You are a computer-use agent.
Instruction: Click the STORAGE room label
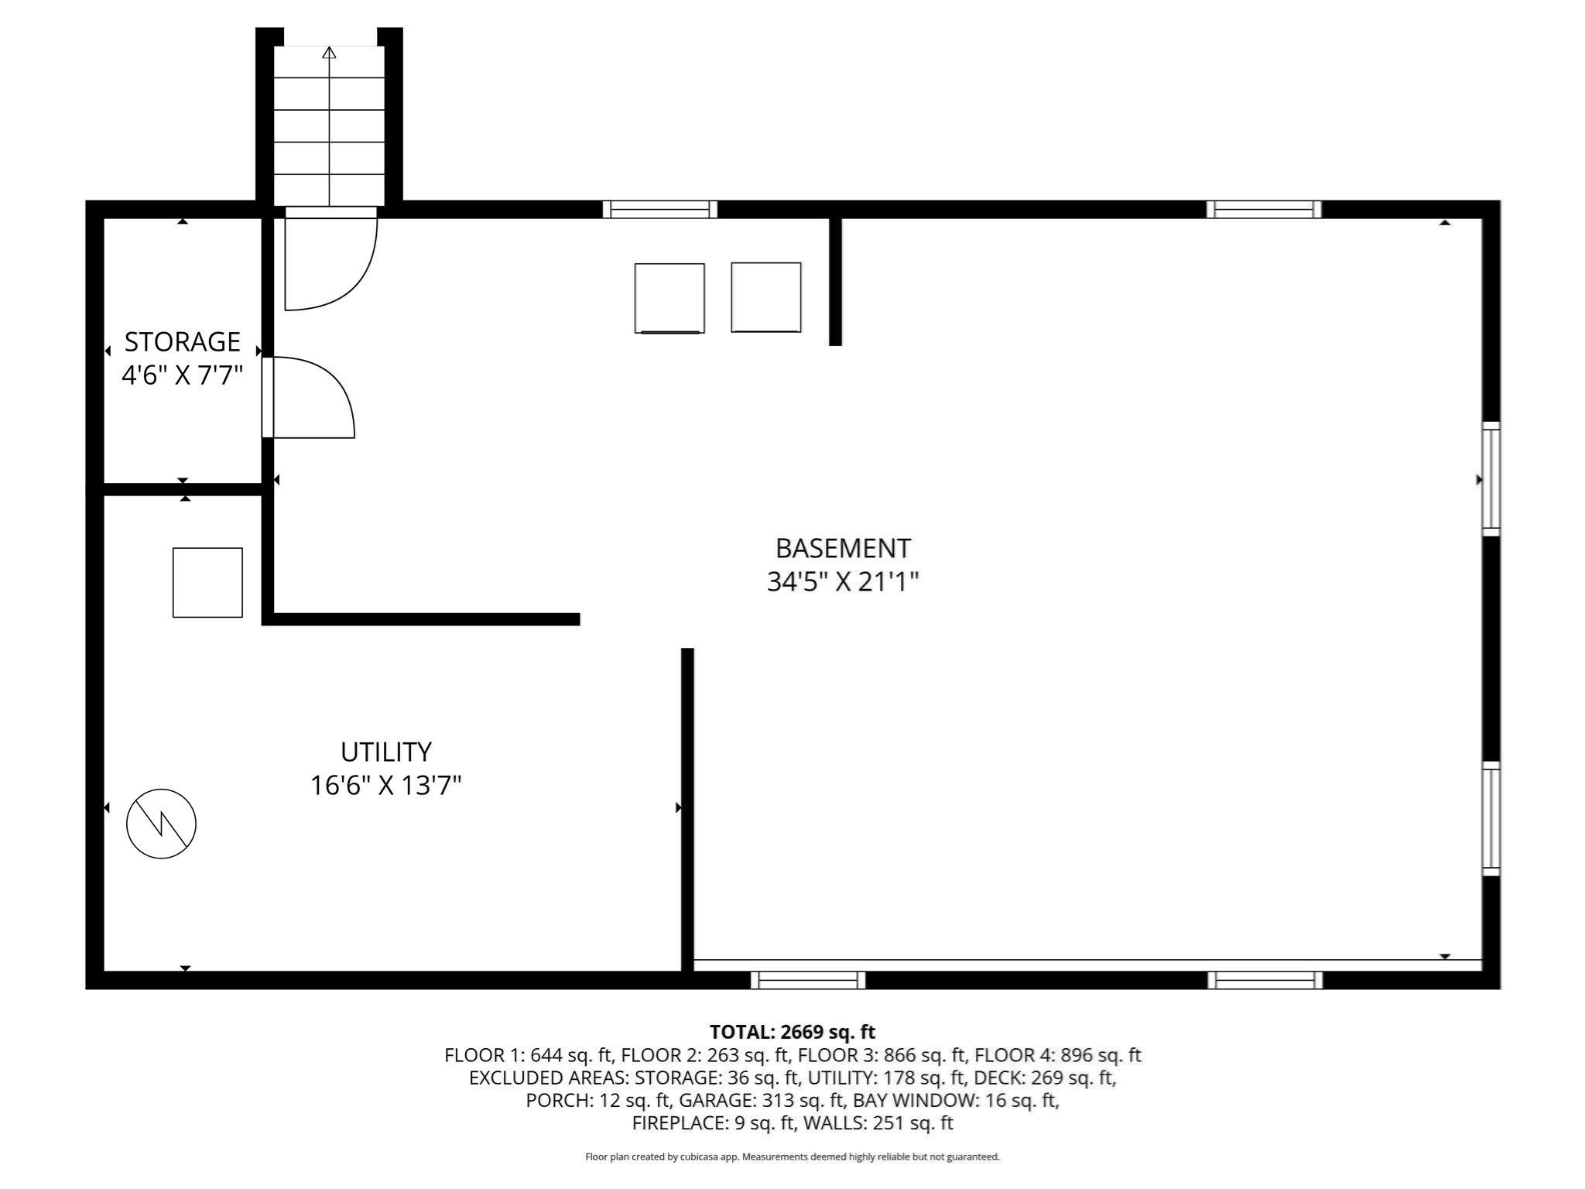tap(183, 341)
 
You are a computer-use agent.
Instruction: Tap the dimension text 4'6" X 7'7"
tap(183, 375)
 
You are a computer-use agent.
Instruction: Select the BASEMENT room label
tap(843, 548)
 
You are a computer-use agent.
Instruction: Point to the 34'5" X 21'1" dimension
tap(843, 581)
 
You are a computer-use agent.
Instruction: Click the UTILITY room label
tap(385, 752)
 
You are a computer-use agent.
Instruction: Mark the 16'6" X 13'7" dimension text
tap(385, 786)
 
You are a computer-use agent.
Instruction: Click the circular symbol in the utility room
tap(161, 824)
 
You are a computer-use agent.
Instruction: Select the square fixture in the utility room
tap(207, 583)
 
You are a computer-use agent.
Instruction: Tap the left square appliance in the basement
tap(669, 298)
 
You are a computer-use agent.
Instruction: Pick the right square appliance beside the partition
tap(766, 297)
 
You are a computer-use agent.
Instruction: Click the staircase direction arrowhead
tap(330, 53)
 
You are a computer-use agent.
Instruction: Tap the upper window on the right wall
tap(1491, 479)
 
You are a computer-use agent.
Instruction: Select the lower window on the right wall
tap(1491, 819)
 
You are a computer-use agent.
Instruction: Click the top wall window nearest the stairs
tap(660, 209)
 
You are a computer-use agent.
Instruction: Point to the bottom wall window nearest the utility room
tap(808, 980)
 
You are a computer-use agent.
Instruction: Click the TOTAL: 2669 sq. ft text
tap(792, 1032)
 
